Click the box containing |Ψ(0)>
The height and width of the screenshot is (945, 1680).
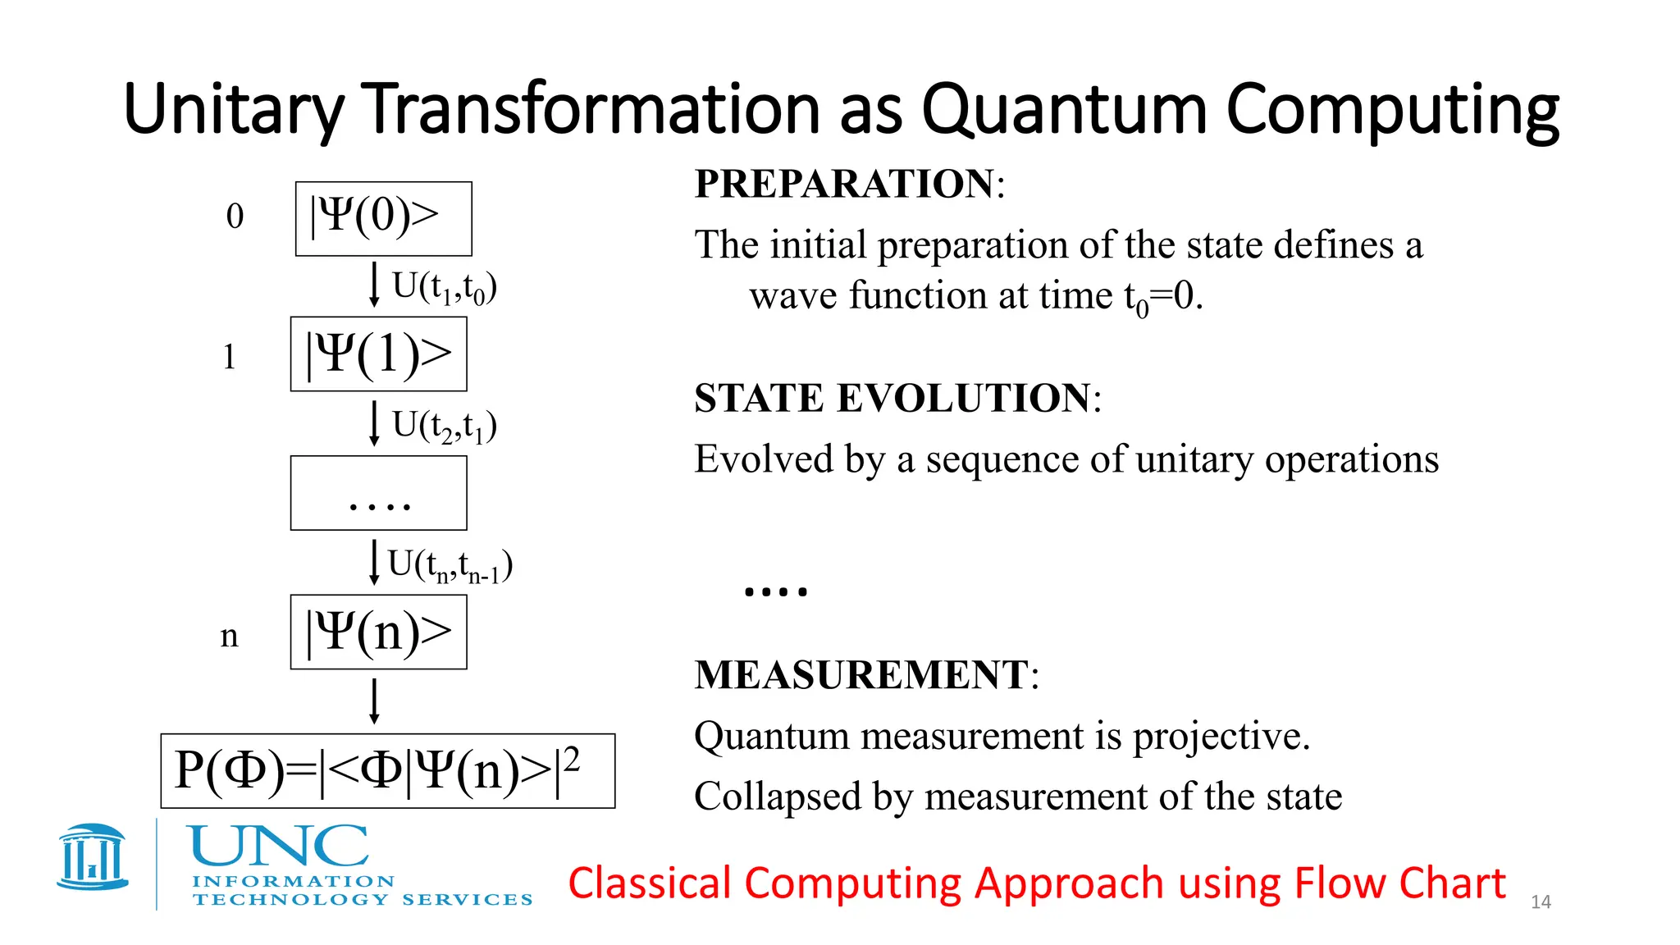click(383, 218)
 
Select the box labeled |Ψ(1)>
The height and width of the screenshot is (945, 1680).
click(378, 354)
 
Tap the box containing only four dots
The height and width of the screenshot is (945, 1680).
click(378, 493)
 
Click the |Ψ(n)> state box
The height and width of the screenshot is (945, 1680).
click(378, 632)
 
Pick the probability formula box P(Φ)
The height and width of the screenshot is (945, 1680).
click(387, 770)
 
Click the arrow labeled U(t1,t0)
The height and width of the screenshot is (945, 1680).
click(374, 284)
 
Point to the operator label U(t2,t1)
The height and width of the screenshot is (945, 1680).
click(444, 426)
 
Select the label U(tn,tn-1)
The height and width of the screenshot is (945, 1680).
click(450, 565)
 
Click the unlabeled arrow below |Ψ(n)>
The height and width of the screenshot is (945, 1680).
click(374, 701)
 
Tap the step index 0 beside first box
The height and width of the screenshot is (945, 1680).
click(235, 217)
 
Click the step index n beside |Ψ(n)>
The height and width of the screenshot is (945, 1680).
click(229, 636)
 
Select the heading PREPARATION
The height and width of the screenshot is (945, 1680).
click(844, 183)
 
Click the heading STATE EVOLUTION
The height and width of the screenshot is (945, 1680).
click(892, 398)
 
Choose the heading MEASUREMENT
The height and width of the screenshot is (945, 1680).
click(861, 675)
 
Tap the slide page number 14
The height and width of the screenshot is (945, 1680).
click(1541, 902)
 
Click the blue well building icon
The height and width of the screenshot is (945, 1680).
click(93, 857)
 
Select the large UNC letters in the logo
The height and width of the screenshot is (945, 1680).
click(278, 847)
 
